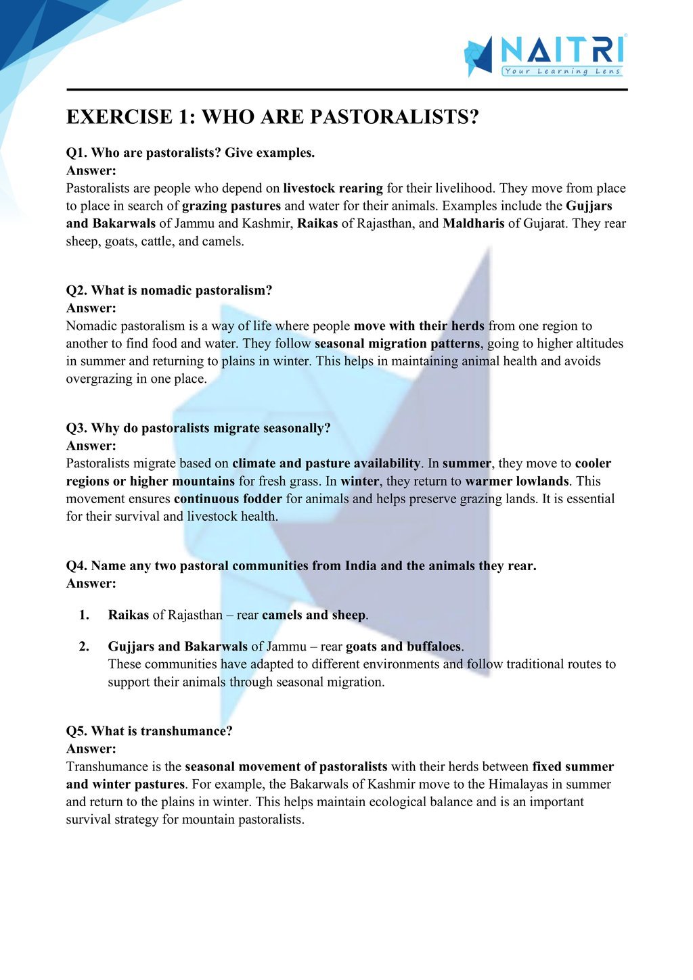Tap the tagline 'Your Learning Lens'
click(562, 71)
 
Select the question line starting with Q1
click(190, 153)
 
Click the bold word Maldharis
click(473, 223)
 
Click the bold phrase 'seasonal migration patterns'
click(397, 344)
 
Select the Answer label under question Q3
click(91, 446)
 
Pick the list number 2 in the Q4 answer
click(84, 646)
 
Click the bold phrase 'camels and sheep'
click(314, 615)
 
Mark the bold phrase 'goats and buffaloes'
click(403, 646)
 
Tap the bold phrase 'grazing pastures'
click(231, 206)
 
